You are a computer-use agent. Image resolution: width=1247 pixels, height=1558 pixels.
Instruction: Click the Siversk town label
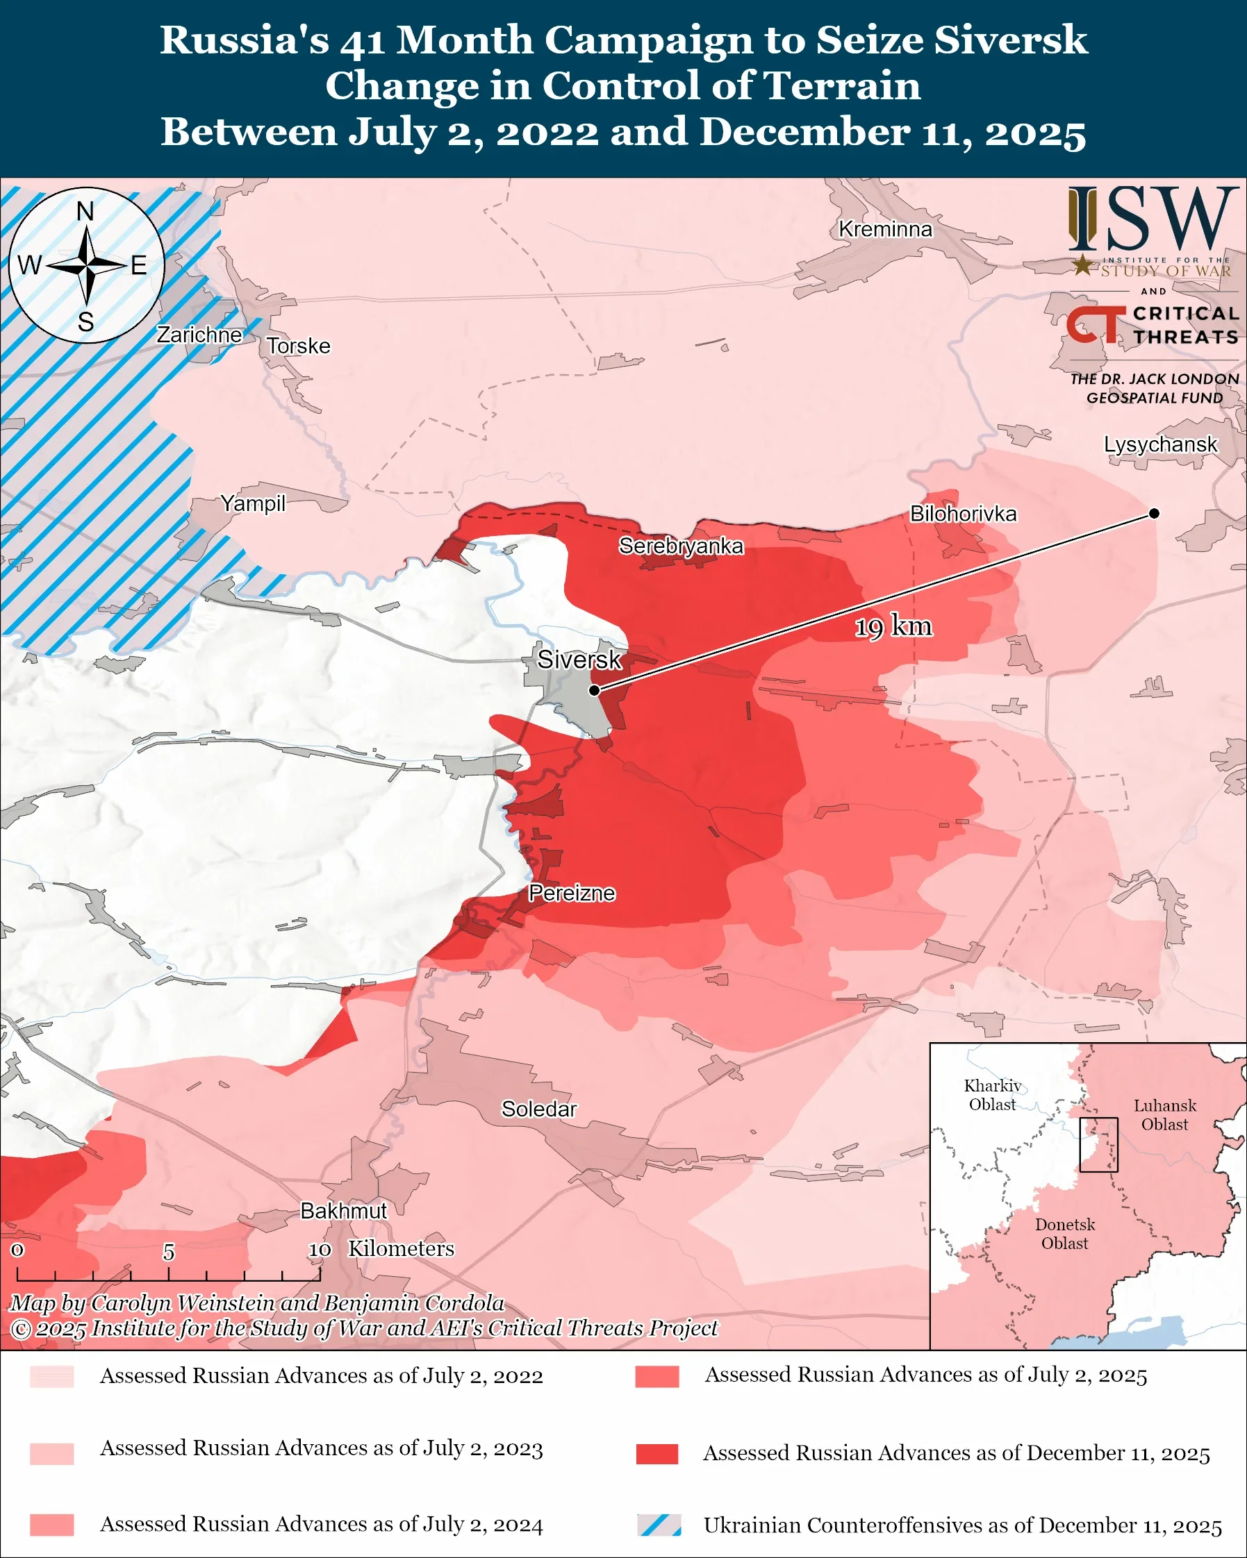point(579,660)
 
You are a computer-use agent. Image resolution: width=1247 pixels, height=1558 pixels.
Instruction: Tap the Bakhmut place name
point(343,1210)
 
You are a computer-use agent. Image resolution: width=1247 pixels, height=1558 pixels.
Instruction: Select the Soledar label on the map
point(538,1109)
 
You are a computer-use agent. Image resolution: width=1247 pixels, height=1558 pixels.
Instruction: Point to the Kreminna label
point(885,229)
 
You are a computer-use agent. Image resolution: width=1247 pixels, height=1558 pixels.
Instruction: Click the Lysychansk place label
point(1160,444)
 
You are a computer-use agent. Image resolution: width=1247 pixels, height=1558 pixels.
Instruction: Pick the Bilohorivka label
point(963,514)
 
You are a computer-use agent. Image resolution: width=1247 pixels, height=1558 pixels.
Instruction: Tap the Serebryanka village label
point(680,546)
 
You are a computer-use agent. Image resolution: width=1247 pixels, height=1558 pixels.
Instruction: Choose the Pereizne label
point(572,893)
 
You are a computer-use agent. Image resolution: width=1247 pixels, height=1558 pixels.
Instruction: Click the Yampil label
point(253,503)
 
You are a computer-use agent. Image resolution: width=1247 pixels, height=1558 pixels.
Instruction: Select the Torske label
point(299,346)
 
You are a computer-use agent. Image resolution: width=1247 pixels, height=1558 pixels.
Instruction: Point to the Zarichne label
point(199,335)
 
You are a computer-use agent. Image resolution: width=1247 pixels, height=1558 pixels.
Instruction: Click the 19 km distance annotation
point(893,626)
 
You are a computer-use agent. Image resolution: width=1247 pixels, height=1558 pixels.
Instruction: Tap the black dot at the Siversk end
point(594,690)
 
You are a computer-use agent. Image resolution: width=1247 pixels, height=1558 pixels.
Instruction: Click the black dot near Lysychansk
point(1155,514)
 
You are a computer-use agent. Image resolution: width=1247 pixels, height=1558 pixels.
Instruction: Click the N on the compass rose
point(85,212)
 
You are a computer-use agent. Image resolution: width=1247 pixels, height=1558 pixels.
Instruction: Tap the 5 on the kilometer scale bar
point(168,1252)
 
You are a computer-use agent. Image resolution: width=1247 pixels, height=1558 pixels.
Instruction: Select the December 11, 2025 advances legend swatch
point(657,1453)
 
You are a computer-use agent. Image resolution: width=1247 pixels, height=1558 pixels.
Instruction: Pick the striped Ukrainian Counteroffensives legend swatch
point(659,1525)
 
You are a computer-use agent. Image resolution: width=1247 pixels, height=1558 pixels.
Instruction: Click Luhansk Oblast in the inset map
point(1164,1114)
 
